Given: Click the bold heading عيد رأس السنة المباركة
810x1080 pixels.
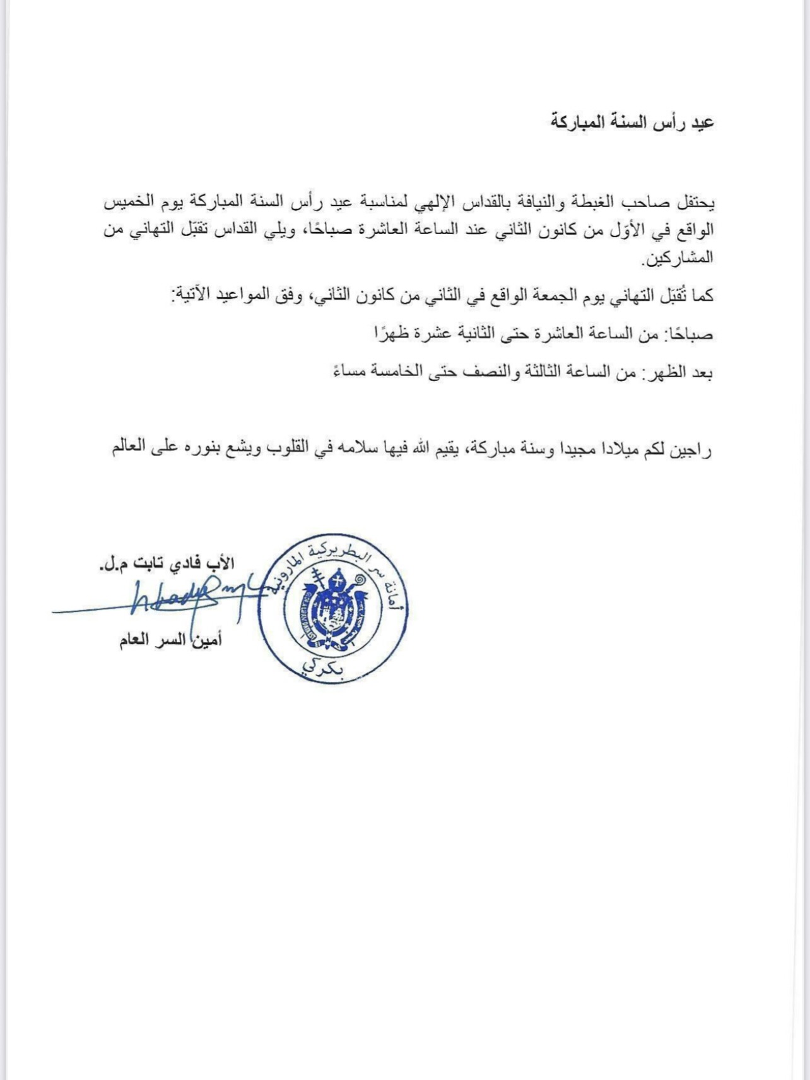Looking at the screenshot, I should coord(631,122).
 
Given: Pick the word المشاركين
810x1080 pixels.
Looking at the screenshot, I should coord(676,258).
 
